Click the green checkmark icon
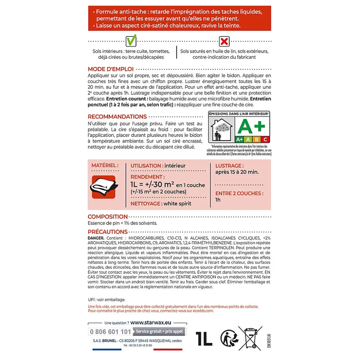click(131, 40)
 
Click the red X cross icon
click(224, 41)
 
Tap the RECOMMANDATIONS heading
click(117, 116)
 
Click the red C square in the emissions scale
click(265, 139)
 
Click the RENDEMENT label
click(147, 177)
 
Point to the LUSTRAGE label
click(229, 166)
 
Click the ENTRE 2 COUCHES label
click(239, 193)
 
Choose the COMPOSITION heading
click(108, 217)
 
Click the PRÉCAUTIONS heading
click(107, 232)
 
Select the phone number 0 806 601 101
click(110, 331)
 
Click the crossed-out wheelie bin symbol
click(250, 338)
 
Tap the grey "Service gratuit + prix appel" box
click(159, 331)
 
